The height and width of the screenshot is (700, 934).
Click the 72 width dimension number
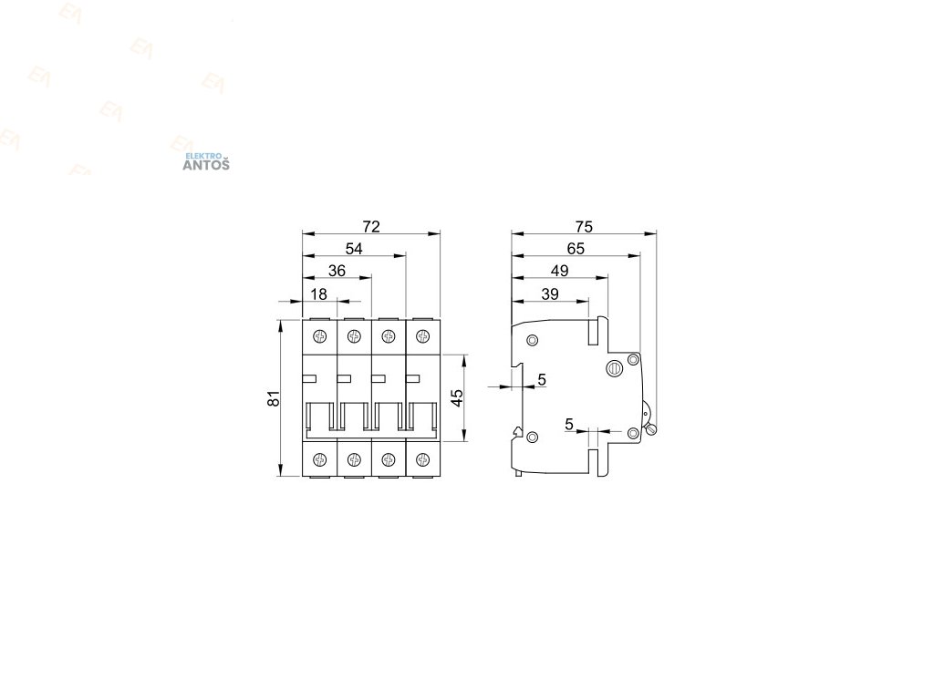pos(370,226)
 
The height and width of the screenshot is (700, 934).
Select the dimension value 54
pos(354,249)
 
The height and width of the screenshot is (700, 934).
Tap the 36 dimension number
pos(337,271)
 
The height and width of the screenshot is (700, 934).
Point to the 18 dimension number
pos(319,293)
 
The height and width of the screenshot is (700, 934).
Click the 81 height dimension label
pos(271,398)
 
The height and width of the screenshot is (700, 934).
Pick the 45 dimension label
pos(458,398)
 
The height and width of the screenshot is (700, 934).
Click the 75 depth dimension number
pos(584,226)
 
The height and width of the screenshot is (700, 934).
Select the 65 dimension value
pos(575,249)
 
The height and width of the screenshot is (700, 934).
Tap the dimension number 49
pos(559,271)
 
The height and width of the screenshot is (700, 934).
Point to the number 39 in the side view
pos(550,293)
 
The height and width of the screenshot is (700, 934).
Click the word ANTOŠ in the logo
pos(207,165)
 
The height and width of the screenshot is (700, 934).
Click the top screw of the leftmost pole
pos(319,337)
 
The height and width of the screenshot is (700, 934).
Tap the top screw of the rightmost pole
pos(422,337)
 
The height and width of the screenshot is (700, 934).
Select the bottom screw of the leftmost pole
pos(319,458)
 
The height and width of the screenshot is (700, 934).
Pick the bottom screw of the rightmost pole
pos(422,458)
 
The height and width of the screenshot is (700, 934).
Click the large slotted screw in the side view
pos(615,368)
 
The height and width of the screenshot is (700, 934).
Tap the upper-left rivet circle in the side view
pos(533,341)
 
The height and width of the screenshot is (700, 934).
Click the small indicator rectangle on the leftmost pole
pos(308,378)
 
